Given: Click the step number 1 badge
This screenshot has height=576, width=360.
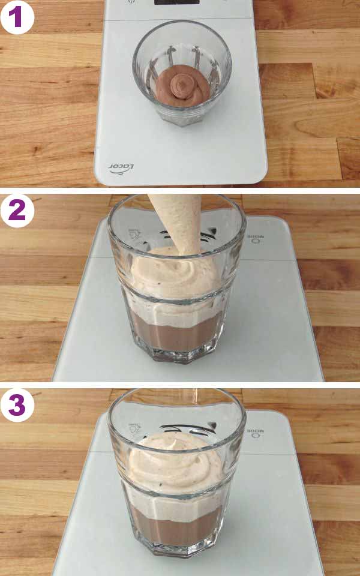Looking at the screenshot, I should click(17, 17).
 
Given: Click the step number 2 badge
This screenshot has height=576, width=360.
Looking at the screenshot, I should click(17, 211).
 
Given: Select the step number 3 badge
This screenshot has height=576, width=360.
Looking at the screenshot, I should click(17, 405).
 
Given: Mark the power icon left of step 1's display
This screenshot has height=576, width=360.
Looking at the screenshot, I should click(131, 2).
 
